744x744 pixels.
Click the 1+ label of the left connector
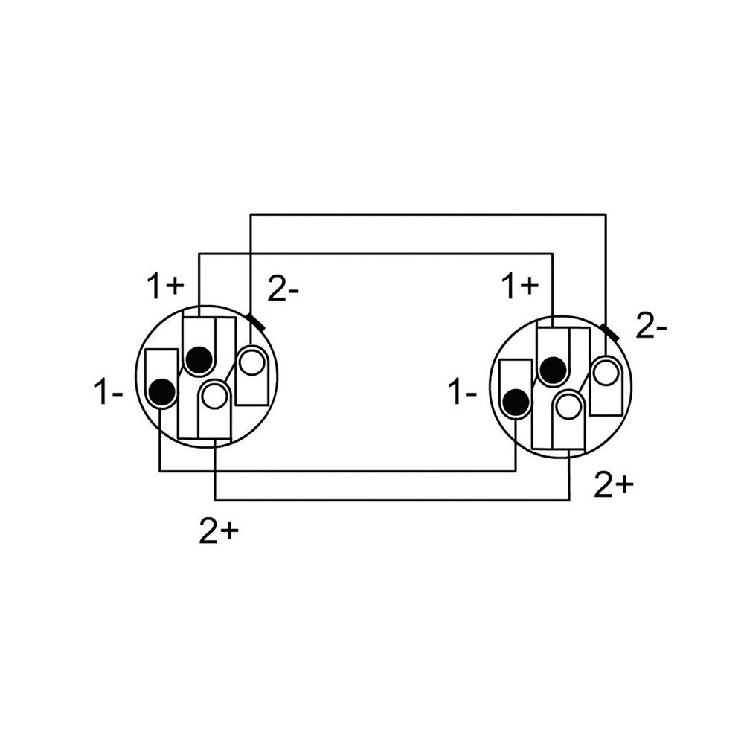164,286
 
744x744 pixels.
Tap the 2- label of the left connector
283,289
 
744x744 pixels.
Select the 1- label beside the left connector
109,392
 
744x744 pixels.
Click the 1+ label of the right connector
521,286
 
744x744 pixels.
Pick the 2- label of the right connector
651,326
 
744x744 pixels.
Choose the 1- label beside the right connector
463,392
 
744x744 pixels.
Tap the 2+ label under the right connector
614,485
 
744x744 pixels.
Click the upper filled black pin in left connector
199,360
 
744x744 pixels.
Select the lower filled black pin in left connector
162,392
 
